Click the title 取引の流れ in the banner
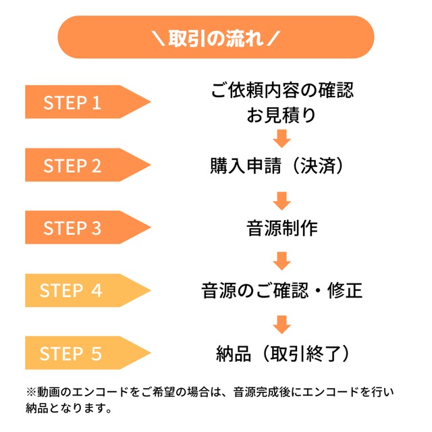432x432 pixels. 215,36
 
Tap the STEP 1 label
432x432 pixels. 72,103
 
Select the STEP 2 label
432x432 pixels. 72,165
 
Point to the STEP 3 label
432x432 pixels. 72,228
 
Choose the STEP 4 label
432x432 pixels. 72,291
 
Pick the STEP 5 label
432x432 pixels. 72,353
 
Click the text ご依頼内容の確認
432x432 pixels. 282,90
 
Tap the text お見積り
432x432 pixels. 282,115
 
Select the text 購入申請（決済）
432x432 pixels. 282,165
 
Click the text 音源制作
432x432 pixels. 282,228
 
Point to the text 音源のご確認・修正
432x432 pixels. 282,291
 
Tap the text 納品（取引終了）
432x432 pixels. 282,353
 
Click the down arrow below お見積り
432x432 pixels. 282,139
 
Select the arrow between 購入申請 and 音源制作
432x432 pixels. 282,200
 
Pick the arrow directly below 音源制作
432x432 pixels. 282,261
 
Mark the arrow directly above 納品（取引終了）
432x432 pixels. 282,323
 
